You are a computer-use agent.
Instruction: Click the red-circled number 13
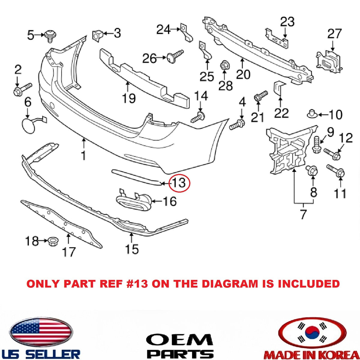tap(179, 183)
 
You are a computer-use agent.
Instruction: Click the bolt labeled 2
tap(23, 89)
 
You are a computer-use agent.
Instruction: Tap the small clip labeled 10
tap(312, 114)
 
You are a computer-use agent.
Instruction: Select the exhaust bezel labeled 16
tap(133, 199)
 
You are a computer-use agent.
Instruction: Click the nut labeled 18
tap(53, 241)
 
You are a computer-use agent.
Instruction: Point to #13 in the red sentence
tap(137, 284)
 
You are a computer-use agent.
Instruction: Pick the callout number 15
tap(132, 249)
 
